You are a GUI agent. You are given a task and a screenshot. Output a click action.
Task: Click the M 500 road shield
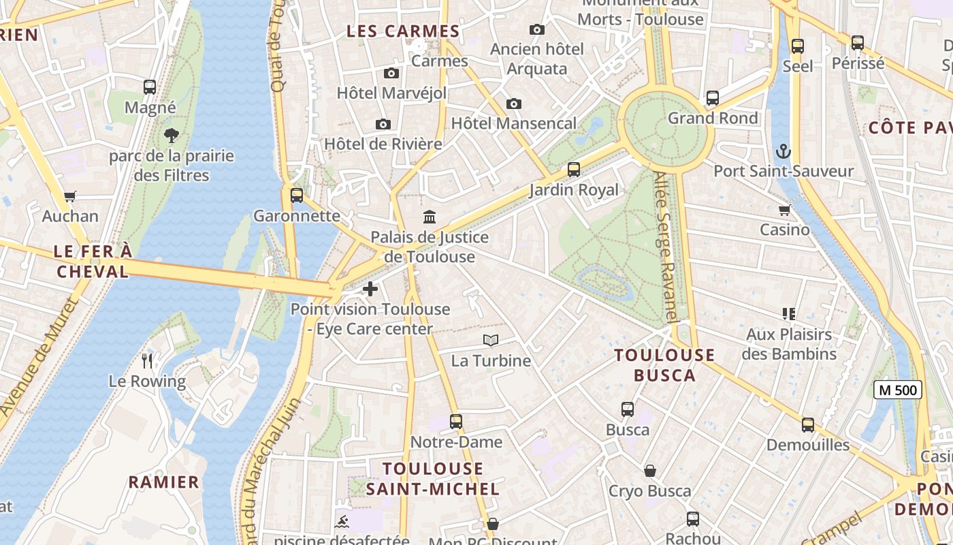pos(897,390)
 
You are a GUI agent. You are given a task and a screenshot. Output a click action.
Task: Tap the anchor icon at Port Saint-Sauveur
pos(784,151)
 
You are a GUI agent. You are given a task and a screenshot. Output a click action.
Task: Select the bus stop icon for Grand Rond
pos(712,98)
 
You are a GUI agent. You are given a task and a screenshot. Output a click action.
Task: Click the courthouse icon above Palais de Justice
pos(430,217)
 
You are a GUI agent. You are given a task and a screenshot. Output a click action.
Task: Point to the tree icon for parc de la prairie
pos(172,136)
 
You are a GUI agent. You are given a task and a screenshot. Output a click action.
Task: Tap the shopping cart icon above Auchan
pos(69,196)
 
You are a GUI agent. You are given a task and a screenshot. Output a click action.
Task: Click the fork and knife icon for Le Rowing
pos(147,360)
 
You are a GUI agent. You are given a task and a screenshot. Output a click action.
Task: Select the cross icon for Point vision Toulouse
pos(370,289)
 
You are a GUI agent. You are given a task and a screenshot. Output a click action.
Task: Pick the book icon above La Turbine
pos(490,340)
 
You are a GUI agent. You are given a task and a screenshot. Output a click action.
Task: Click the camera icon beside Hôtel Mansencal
pos(514,104)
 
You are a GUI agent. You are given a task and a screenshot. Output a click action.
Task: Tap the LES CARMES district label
pos(403,31)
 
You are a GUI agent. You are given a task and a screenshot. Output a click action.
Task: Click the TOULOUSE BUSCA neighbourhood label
pos(664,365)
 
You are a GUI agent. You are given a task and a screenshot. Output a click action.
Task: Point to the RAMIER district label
pos(164,482)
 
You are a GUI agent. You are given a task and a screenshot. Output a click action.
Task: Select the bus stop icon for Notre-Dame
pos(456,422)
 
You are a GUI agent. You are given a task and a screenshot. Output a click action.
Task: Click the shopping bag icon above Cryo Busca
pos(650,471)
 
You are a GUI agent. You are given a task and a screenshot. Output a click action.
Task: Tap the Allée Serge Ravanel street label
pos(666,247)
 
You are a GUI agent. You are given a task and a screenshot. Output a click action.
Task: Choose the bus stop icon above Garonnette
pos(296,196)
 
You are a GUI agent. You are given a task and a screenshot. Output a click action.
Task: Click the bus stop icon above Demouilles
pos(808,424)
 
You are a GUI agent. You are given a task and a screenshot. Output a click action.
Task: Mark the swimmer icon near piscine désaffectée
pos(342,523)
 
